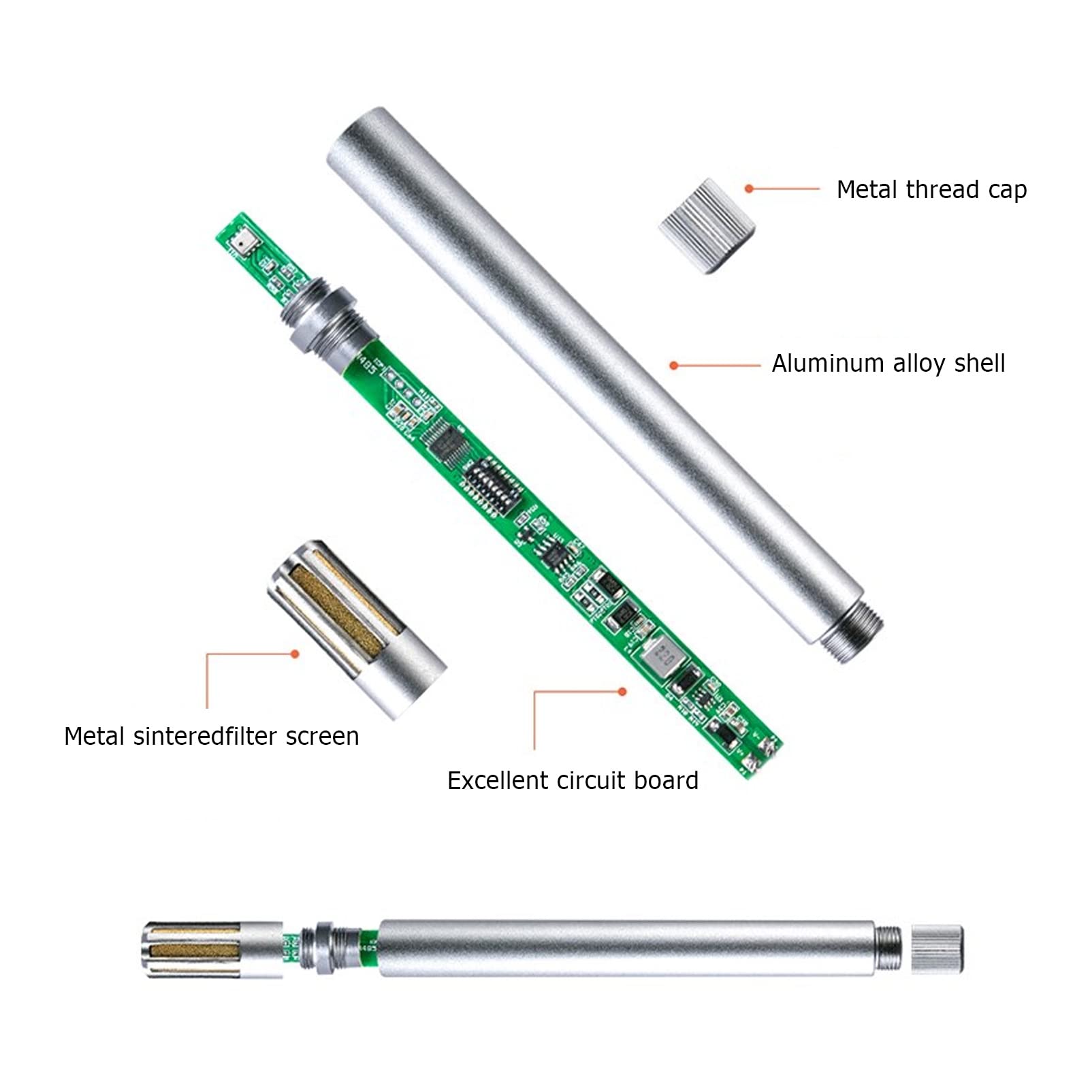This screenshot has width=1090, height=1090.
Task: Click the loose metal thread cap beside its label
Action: click(707, 225)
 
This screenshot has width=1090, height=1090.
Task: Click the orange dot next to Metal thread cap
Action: click(749, 189)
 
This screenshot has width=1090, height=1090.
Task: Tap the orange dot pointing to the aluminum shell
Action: click(673, 366)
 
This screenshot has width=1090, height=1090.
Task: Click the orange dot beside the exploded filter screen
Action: click(295, 654)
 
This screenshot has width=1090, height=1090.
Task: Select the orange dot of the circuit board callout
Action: click(622, 692)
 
